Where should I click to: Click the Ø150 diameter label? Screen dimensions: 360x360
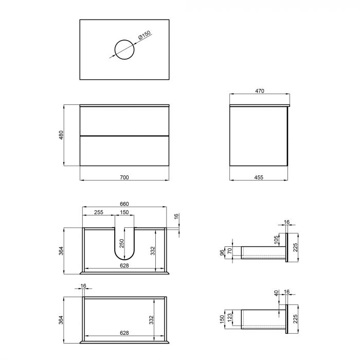click(x=145, y=37)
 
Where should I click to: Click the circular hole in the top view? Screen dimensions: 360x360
click(x=124, y=49)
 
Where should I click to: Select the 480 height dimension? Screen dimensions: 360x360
click(x=61, y=135)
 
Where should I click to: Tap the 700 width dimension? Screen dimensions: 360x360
click(x=124, y=177)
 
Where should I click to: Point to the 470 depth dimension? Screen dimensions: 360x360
click(x=259, y=91)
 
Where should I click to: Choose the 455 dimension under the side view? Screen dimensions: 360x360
click(x=259, y=177)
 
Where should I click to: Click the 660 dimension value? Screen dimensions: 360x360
click(x=124, y=204)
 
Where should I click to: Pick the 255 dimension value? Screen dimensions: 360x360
click(x=99, y=212)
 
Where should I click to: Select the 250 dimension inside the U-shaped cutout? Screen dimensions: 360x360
click(x=122, y=243)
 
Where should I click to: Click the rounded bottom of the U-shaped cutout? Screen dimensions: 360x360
click(x=124, y=259)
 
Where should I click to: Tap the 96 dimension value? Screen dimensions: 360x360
click(x=223, y=253)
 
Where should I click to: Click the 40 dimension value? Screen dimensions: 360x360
click(x=276, y=293)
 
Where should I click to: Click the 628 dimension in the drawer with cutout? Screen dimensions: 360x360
click(x=124, y=265)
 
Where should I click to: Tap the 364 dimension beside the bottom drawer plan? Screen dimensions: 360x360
click(x=61, y=319)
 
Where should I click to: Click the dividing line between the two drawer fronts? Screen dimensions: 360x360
click(x=124, y=135)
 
